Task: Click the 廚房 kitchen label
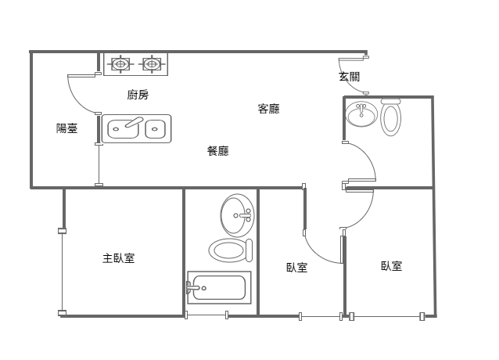[x=138, y=95]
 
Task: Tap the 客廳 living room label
[x=269, y=109]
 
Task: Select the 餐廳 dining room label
[x=218, y=150]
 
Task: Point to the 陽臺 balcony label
[x=66, y=128]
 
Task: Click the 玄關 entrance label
[x=349, y=77]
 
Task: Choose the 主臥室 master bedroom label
[x=119, y=257]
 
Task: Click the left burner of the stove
[x=120, y=64]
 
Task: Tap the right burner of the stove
[x=151, y=64]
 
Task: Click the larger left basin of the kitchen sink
[x=123, y=129]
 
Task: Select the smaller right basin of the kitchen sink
[x=156, y=129]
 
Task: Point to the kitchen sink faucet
[x=134, y=122]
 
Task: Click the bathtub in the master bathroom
[x=219, y=287]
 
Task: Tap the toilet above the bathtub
[x=231, y=250]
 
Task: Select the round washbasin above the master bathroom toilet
[x=238, y=215]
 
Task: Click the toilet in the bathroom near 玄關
[x=391, y=117]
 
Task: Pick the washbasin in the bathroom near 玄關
[x=361, y=113]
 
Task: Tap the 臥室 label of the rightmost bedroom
[x=391, y=266]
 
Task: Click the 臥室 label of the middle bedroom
[x=297, y=268]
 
